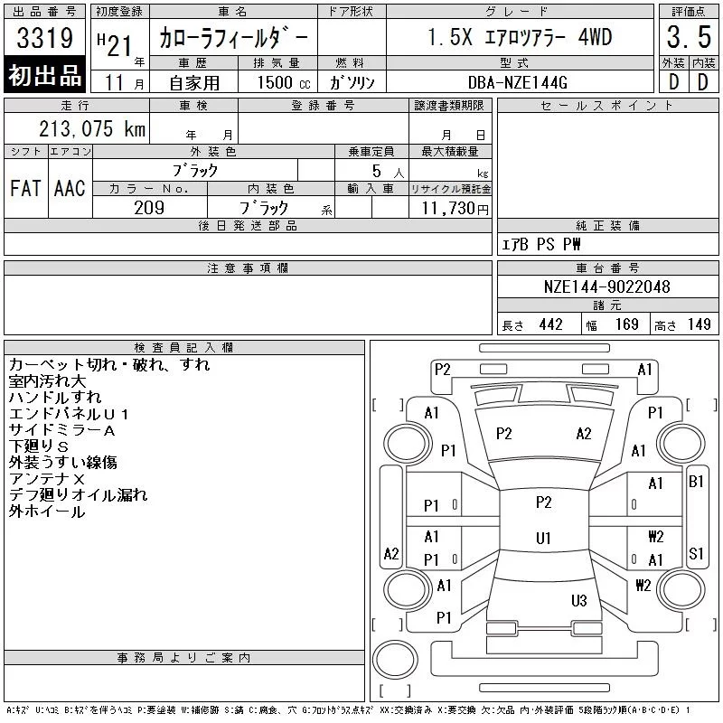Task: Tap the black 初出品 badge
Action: pos(45,76)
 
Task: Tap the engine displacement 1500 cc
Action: pos(277,81)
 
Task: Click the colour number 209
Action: pos(149,207)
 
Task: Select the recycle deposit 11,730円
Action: pos(451,208)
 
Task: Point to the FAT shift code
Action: pos(24,188)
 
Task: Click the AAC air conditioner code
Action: pos(69,188)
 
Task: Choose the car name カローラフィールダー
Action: pos(234,39)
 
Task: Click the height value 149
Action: pos(699,324)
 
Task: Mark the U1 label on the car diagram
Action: pos(543,538)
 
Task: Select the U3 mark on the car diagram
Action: pos(579,600)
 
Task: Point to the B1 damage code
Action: pos(696,482)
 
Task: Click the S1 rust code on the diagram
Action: pos(696,553)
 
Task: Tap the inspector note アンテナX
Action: pos(47,479)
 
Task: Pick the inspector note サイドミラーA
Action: pos(62,430)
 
